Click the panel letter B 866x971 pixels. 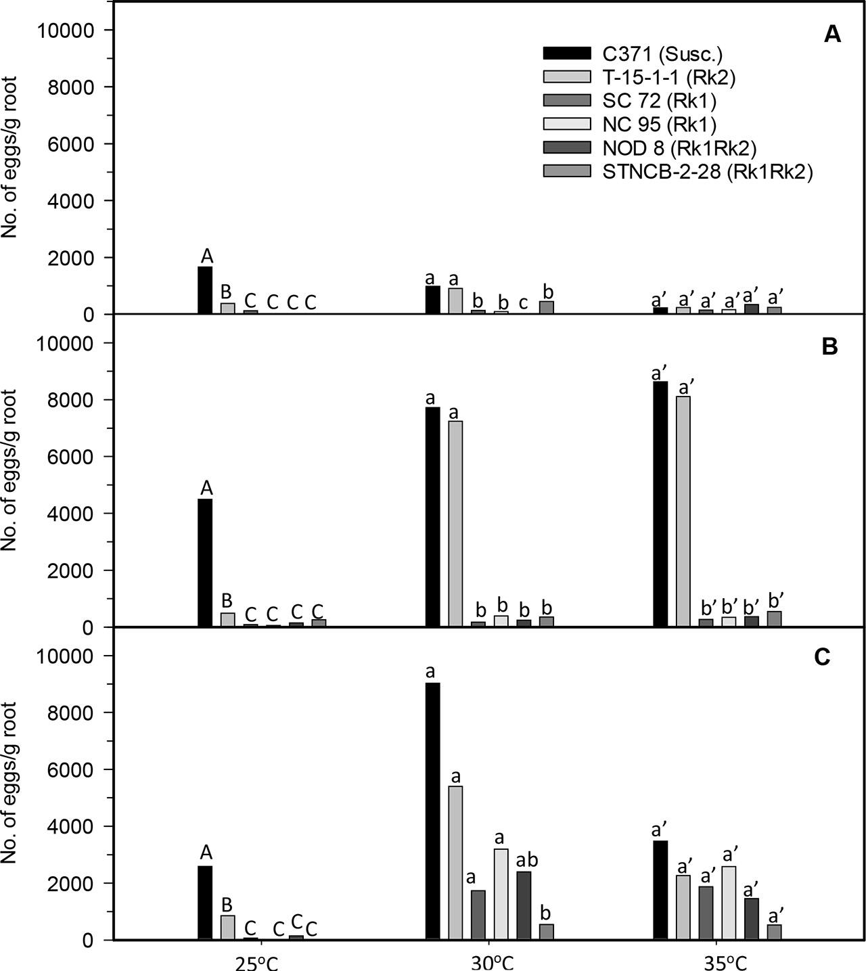click(829, 346)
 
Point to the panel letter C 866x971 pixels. click(822, 658)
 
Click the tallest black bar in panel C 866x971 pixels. click(433, 811)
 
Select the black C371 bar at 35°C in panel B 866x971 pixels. click(660, 504)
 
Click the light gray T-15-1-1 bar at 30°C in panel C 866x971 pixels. click(455, 863)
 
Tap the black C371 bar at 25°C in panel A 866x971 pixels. click(205, 290)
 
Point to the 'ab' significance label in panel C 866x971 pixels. click(524, 860)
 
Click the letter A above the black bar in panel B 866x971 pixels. click(206, 487)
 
